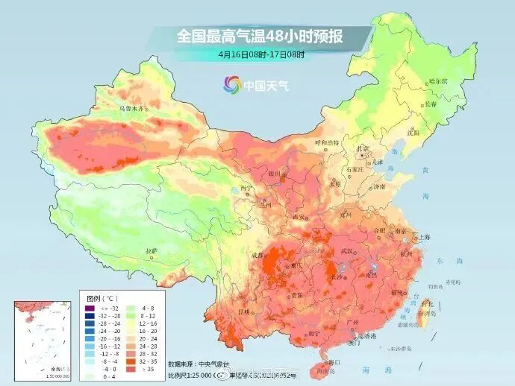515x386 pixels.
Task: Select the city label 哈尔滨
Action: [x=438, y=80]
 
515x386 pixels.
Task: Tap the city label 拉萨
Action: [x=152, y=251]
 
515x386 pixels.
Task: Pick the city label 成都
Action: [x=258, y=255]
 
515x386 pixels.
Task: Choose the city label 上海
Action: [x=425, y=236]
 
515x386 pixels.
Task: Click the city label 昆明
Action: [x=243, y=311]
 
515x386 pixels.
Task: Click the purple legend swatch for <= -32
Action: [x=89, y=309]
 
